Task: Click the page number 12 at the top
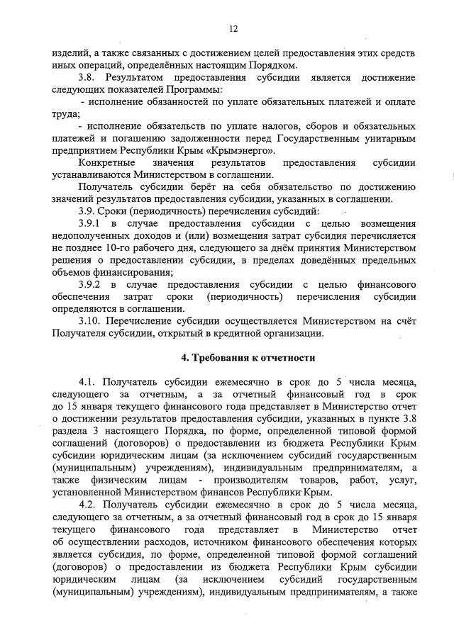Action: tap(232, 29)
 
